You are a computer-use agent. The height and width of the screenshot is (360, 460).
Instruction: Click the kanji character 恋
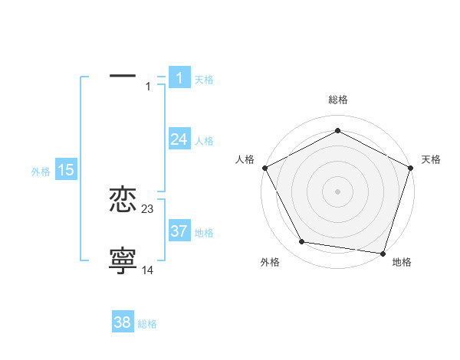point(123,201)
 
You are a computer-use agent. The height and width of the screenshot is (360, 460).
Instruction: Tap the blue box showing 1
point(179,78)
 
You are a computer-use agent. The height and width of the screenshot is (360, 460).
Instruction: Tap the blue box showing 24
point(179,139)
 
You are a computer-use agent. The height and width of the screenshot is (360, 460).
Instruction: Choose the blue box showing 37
point(179,231)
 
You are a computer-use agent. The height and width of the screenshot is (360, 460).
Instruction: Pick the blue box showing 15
point(66,171)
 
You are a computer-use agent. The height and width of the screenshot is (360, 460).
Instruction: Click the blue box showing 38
point(123,322)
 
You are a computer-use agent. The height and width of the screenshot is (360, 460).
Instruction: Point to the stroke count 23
point(148,209)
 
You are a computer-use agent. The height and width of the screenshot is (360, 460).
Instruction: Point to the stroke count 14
point(148,270)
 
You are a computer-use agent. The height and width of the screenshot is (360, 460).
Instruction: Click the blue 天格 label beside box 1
point(204,80)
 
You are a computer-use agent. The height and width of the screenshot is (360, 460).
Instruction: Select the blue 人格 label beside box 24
point(204,141)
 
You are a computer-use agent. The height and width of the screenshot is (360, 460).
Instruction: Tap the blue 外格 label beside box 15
point(41,172)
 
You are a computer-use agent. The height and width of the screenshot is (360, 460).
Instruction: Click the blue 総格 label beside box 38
point(147,324)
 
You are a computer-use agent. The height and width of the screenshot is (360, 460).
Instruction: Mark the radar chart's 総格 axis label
point(338,100)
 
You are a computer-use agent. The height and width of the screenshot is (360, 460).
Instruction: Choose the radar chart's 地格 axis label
point(402,262)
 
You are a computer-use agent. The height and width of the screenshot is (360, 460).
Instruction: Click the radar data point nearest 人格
point(264,167)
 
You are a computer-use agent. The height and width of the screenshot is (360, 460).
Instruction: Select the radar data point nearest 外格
point(302,242)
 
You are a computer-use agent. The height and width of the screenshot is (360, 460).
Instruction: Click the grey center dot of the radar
point(338,191)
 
